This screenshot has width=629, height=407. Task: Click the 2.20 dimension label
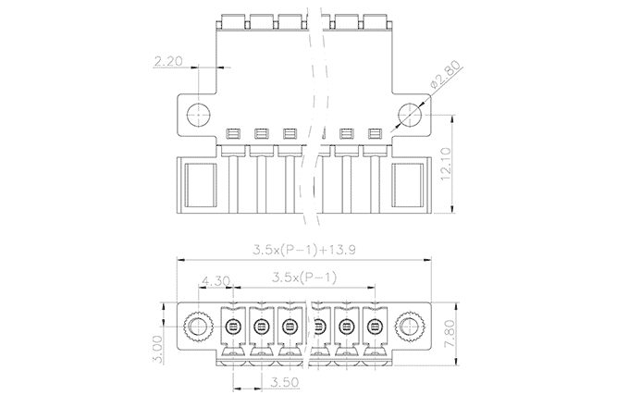[168, 61]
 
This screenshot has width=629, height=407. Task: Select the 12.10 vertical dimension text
[446, 164]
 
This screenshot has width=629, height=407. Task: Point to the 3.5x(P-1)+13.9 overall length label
[304, 250]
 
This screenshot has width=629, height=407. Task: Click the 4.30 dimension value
[216, 280]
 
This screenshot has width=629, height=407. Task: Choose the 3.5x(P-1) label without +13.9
[304, 277]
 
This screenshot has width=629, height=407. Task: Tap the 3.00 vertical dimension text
[157, 350]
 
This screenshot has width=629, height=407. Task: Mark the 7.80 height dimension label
[450, 333]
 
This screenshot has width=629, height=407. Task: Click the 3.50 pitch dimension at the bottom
[285, 382]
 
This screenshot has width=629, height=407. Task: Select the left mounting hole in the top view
[199, 115]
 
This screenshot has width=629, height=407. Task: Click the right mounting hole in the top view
[410, 115]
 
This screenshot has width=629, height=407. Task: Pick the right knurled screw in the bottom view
[410, 326]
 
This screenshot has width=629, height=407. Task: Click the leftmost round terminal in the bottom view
[233, 327]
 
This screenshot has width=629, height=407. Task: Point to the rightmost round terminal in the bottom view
[375, 327]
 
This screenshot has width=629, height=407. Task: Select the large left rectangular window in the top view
[200, 184]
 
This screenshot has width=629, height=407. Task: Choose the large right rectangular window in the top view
[408, 184]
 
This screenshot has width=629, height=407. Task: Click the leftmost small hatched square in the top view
[233, 133]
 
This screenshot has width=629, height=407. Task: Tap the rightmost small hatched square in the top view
[375, 133]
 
